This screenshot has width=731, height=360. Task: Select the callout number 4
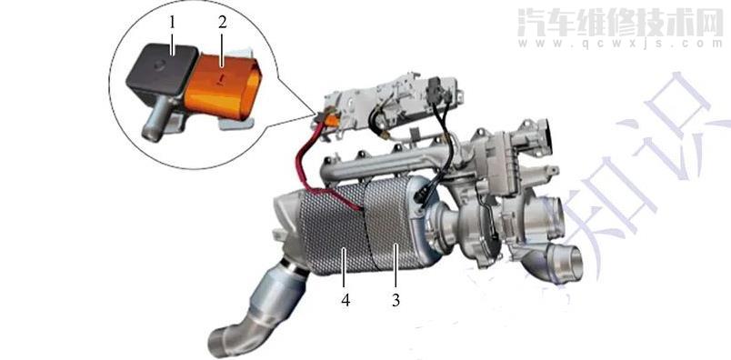tap(345, 298)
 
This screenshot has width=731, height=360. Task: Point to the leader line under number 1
tap(170, 42)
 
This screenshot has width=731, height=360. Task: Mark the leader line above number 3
tap(396, 268)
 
